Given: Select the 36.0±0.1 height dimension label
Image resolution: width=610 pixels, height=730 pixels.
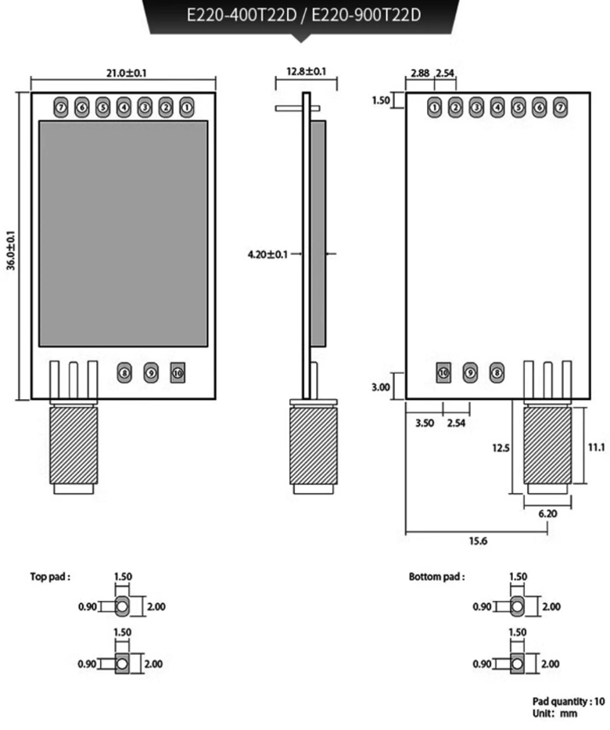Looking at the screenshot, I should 11,250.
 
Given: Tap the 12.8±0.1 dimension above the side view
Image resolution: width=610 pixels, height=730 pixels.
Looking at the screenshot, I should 307,71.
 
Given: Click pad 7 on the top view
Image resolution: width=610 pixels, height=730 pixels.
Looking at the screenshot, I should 61,106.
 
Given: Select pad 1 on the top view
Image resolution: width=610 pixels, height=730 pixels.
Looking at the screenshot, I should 186,106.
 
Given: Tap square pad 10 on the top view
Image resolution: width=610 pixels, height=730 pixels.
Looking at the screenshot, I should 178,373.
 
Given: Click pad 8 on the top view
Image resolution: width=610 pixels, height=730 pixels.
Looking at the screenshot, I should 124,373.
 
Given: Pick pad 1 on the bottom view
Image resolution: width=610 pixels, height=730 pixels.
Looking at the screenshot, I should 435,106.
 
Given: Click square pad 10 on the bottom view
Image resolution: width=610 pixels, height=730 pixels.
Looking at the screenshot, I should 444,373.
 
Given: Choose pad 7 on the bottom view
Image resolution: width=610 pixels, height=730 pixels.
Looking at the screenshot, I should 559,106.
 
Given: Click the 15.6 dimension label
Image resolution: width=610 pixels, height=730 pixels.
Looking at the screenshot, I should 474,541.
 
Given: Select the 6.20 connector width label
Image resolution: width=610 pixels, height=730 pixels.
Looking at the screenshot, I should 549,514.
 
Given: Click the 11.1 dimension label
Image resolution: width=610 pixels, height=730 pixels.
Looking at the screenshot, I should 597,447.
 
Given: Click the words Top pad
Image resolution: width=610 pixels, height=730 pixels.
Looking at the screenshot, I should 50,577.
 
